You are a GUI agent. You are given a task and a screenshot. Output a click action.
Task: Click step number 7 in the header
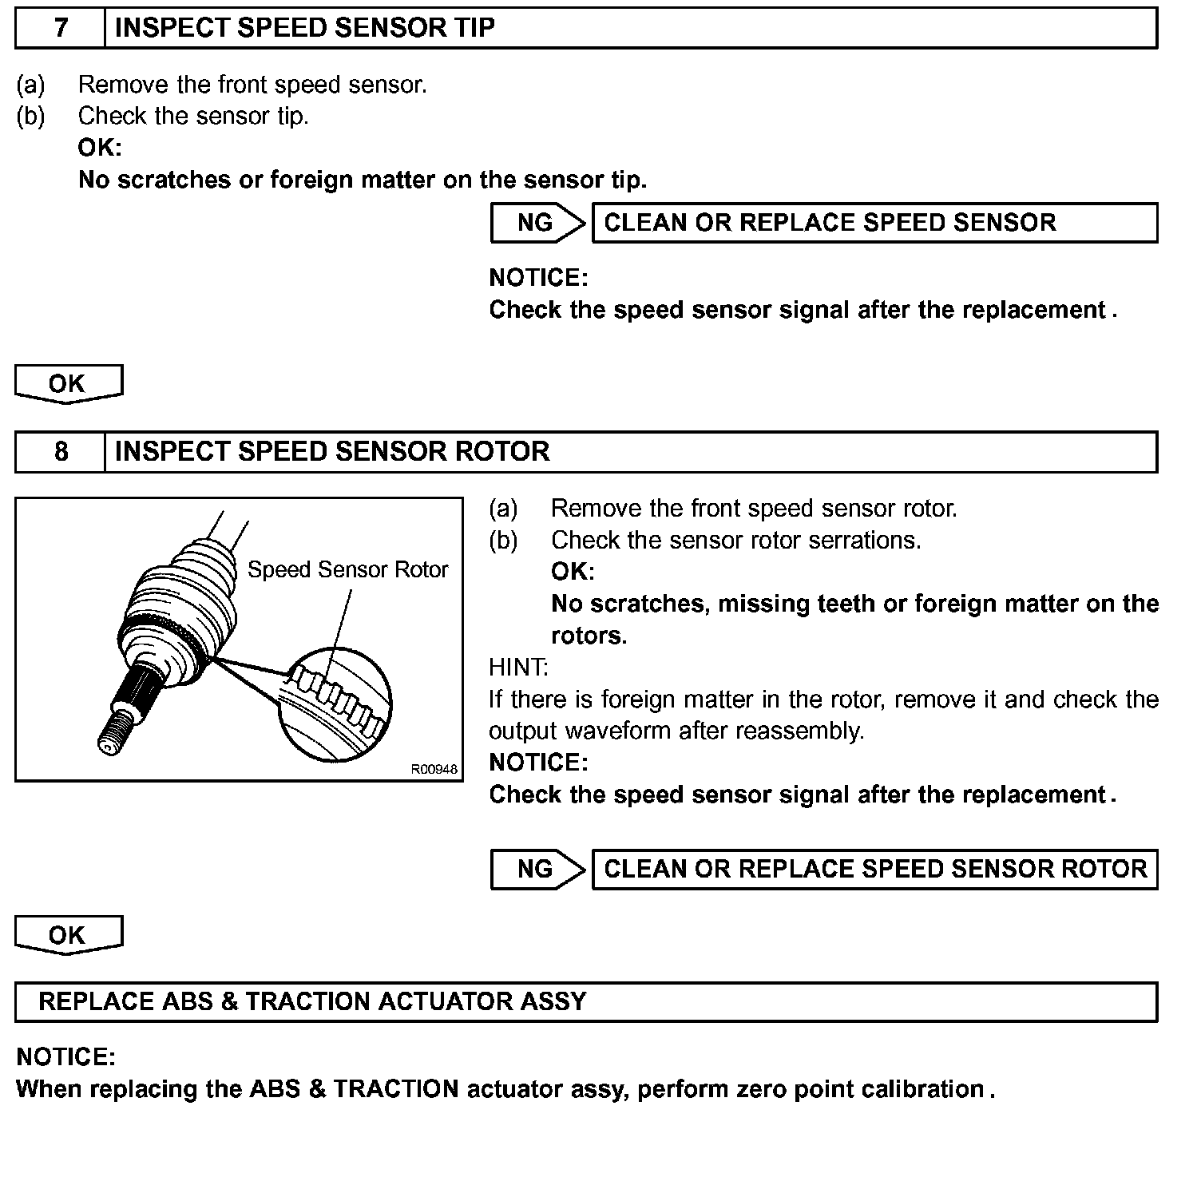(x=61, y=28)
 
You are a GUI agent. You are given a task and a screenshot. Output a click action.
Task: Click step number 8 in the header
(x=61, y=452)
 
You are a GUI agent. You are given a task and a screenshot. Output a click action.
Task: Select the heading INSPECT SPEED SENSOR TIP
(x=304, y=28)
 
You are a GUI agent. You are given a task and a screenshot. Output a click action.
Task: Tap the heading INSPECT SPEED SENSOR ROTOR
(x=332, y=452)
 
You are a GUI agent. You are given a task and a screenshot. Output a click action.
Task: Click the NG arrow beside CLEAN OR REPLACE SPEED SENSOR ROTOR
(x=537, y=870)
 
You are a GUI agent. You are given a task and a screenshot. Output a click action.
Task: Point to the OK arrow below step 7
(x=68, y=384)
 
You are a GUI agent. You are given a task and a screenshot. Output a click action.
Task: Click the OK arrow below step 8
(x=68, y=935)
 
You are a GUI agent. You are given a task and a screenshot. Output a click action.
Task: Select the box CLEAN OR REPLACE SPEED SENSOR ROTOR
(x=874, y=870)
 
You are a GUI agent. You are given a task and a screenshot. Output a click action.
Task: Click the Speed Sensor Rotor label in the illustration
(x=347, y=570)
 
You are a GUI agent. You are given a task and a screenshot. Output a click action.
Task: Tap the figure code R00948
(x=434, y=770)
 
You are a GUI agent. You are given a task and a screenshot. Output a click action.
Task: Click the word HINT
(x=518, y=667)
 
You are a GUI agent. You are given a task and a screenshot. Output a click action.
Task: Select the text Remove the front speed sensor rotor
(x=754, y=509)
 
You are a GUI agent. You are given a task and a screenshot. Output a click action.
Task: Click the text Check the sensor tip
(x=193, y=117)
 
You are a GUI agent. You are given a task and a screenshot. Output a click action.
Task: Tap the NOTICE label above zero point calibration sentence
(x=65, y=1058)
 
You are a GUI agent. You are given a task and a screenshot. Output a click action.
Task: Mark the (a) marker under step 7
(x=30, y=85)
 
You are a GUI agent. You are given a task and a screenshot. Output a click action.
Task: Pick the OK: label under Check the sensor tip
(x=100, y=148)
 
